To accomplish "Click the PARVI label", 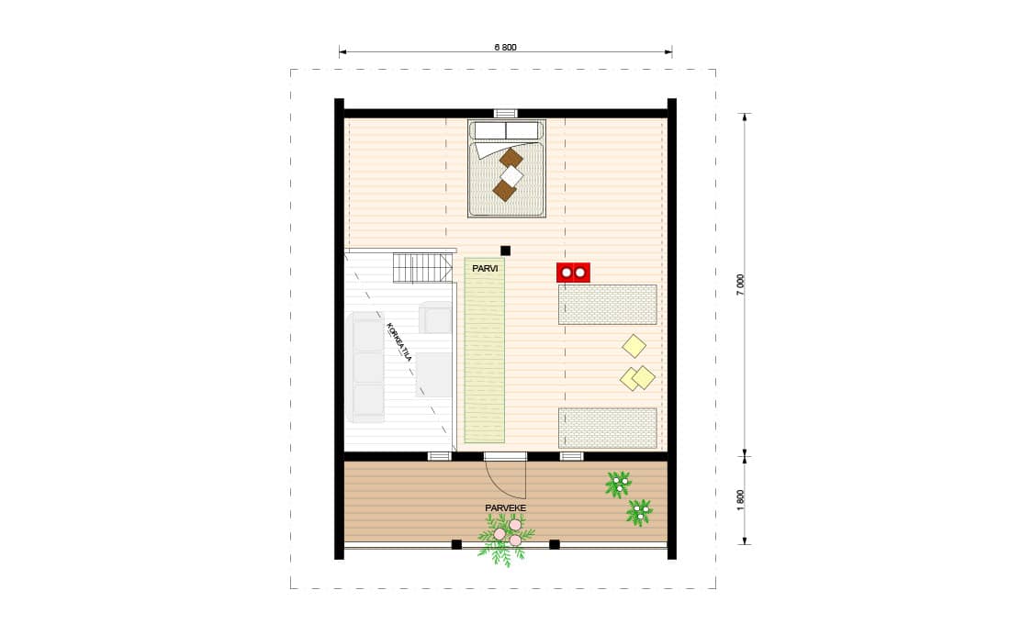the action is (x=485, y=268).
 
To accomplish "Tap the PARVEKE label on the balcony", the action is (x=506, y=508).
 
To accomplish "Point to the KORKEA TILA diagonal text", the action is (x=398, y=342).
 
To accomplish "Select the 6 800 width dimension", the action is (x=506, y=47).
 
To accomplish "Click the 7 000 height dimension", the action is (x=741, y=284).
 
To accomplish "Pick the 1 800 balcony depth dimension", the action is (x=741, y=500).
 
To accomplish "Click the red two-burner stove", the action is (x=573, y=273).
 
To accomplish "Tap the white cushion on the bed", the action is (x=512, y=175).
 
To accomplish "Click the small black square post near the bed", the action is (x=506, y=251).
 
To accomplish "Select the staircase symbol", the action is (x=422, y=267).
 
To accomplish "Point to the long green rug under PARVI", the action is (x=485, y=351).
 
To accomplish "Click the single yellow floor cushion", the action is (x=634, y=346).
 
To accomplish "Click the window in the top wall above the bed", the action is (x=506, y=114).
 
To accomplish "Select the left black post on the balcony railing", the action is (x=456, y=544).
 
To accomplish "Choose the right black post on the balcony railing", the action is (x=554, y=544).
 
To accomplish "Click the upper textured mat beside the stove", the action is (x=608, y=305).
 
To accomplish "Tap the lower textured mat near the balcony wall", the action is (x=608, y=428).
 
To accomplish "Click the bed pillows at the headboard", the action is (x=506, y=130).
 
